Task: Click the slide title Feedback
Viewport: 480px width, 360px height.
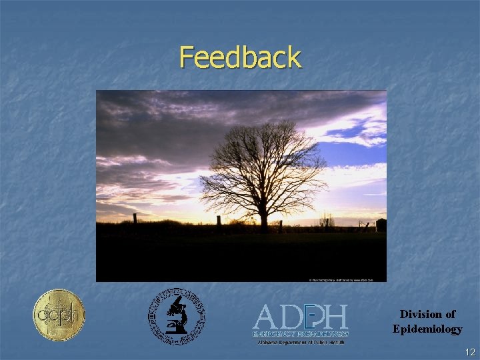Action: point(240,57)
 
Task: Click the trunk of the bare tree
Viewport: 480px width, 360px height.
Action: point(264,219)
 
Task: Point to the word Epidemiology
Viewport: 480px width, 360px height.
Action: point(427,329)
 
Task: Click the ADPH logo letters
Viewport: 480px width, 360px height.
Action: point(301,316)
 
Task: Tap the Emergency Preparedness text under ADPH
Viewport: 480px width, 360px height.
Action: point(301,333)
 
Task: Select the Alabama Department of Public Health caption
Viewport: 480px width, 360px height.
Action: point(301,342)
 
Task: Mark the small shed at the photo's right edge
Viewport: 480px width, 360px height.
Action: point(381,225)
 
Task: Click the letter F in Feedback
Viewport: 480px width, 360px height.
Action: point(187,57)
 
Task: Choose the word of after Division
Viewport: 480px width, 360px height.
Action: point(450,314)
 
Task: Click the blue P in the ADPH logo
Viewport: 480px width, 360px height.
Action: point(311,316)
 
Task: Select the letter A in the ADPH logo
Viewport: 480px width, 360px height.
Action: point(265,317)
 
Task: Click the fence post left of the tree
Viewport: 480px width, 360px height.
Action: point(219,221)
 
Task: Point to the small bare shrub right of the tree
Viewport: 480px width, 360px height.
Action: point(326,219)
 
